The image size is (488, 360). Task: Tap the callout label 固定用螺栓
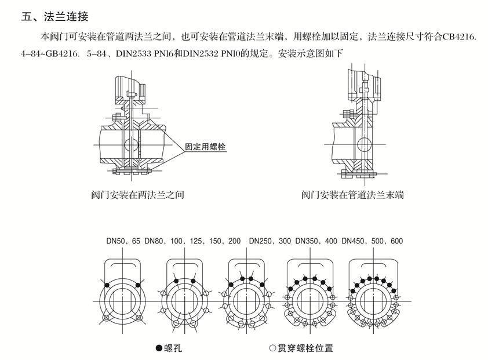coord(205,147)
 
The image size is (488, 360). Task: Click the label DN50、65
coord(123,241)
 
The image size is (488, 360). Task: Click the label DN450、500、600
coord(372,241)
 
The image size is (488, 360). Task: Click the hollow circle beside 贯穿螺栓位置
coord(272,348)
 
